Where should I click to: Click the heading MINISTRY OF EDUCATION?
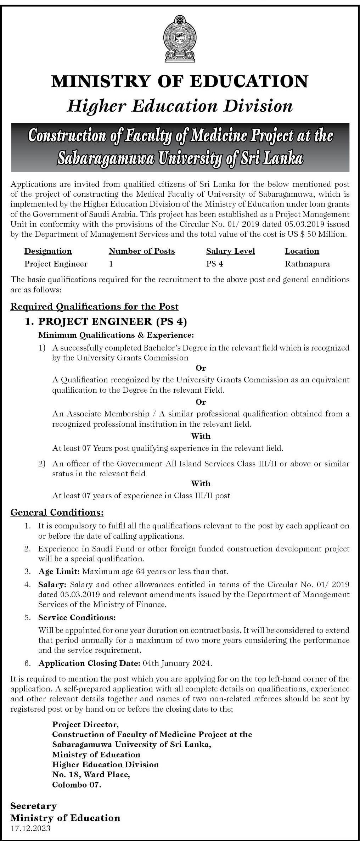180,82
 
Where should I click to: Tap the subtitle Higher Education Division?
180,106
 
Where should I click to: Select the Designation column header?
48,251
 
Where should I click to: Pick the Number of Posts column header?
142,251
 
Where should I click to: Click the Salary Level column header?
230,251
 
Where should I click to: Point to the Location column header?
302,251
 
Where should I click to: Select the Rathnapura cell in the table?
307,264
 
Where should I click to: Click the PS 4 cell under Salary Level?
214,264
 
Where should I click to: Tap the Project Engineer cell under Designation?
56,264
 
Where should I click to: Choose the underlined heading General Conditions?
57,512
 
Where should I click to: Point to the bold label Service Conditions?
77,617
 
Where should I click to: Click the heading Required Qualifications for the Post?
95,307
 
